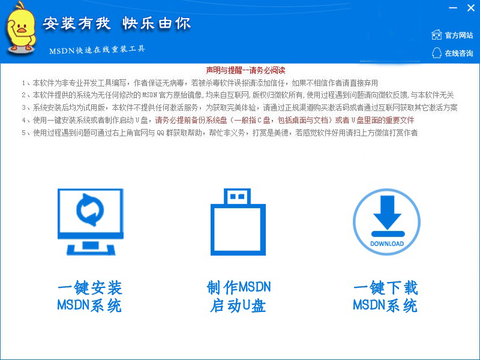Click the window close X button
(471, 8)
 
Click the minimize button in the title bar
(453, 8)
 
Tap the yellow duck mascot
(21, 28)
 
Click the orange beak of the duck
(22, 29)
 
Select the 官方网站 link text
(459, 35)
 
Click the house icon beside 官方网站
(437, 35)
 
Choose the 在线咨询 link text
(459, 53)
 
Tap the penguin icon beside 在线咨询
(437, 53)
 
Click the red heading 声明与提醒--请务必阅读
(245, 70)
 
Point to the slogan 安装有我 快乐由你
(117, 23)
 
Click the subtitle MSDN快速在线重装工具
(97, 49)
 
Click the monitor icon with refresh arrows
(91, 222)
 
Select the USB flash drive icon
(238, 222)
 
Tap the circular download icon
(386, 222)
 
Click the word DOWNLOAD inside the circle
(387, 244)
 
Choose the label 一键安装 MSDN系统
(89, 296)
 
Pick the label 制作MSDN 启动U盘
(238, 296)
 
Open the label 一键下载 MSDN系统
(386, 296)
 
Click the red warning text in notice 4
(284, 120)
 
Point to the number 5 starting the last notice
(23, 133)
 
